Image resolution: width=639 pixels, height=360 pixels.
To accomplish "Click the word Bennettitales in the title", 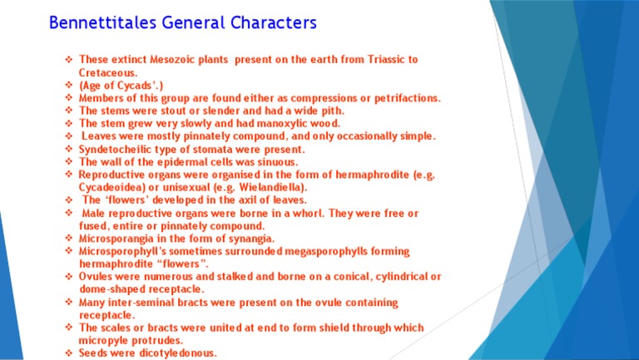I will click(102, 22).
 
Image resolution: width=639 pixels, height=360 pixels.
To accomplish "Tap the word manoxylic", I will click(260, 124).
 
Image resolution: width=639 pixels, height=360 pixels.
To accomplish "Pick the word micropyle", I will click(103, 340).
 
